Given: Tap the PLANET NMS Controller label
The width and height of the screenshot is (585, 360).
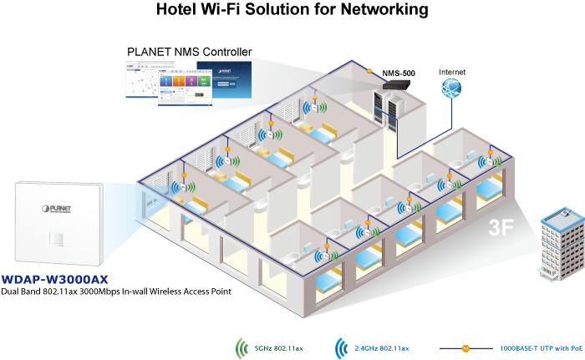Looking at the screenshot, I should [x=189, y=51].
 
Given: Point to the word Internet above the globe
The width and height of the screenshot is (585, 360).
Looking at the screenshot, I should [x=453, y=73].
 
